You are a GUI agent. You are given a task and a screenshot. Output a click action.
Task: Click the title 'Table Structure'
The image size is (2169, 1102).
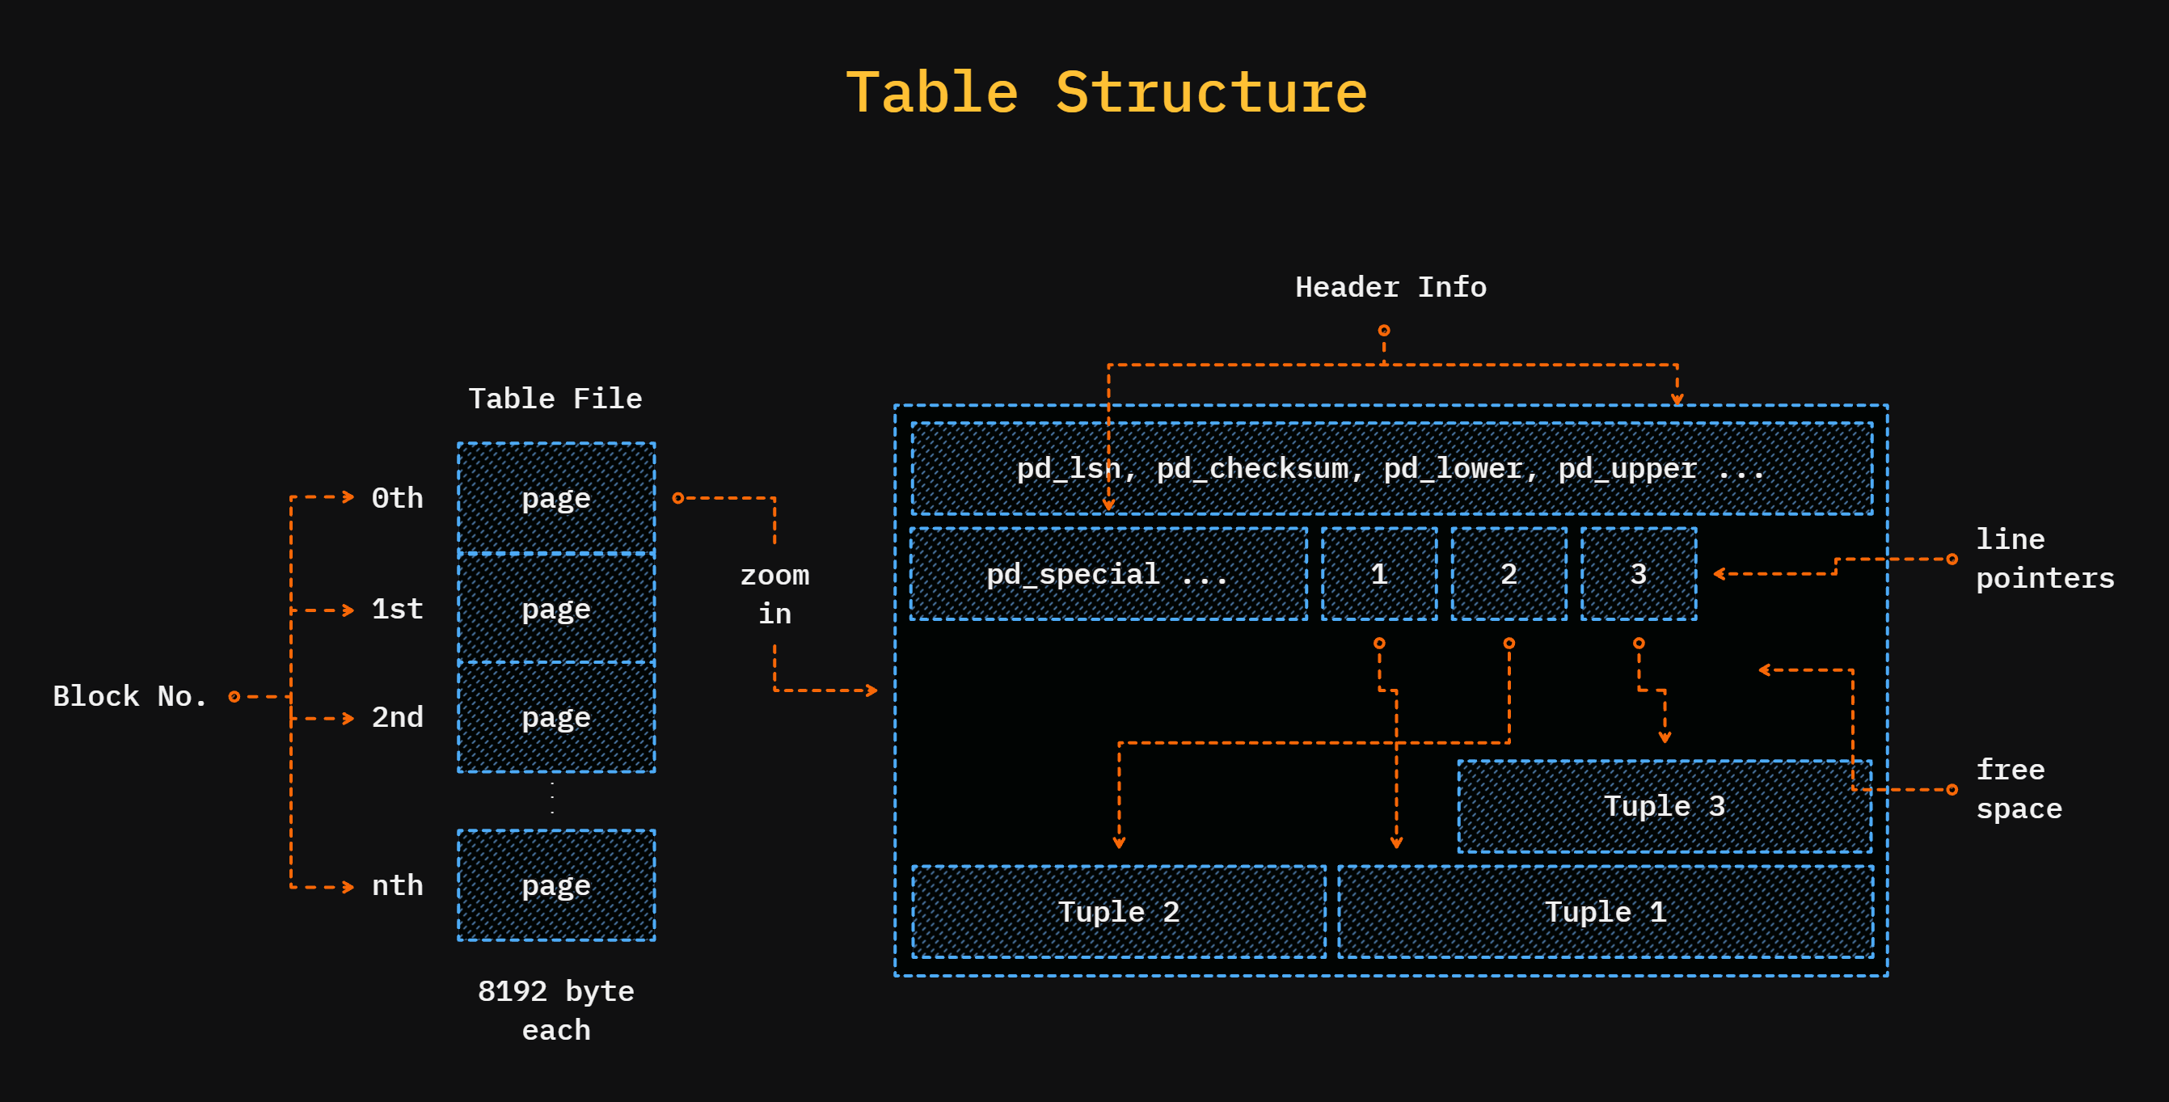(1106, 93)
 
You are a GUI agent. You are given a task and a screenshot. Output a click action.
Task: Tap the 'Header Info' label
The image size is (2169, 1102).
(1390, 287)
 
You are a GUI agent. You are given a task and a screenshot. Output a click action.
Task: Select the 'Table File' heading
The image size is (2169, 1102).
(555, 399)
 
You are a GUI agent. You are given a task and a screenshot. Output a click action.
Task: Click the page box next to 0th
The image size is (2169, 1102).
(555, 497)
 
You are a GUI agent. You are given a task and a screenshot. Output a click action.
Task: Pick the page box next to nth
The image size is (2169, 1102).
(555, 885)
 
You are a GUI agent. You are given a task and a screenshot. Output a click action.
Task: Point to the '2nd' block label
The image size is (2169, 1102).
(398, 717)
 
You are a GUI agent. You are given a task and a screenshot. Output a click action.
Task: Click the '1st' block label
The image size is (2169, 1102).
(398, 609)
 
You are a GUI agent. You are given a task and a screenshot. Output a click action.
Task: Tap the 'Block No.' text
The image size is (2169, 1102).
(129, 696)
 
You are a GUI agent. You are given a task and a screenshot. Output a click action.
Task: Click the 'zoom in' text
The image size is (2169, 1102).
(774, 594)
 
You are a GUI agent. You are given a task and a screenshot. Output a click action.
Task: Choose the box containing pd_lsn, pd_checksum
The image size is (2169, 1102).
(1391, 468)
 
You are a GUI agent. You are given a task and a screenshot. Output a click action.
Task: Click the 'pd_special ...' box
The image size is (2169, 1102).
(1108, 574)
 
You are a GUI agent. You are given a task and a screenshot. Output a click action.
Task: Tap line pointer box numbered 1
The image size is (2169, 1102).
(1379, 574)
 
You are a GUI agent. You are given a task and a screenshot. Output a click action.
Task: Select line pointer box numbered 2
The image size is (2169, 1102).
(1509, 574)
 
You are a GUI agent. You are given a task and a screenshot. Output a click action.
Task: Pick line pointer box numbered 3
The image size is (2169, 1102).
(1639, 574)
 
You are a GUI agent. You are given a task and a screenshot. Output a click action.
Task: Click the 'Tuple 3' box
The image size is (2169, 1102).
(1664, 805)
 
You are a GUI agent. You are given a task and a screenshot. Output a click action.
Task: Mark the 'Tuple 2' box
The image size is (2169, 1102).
(1118, 912)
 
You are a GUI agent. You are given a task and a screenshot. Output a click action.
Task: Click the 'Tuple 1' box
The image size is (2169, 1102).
(1605, 912)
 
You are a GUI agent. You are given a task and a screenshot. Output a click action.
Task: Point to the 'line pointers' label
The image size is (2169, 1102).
(2044, 558)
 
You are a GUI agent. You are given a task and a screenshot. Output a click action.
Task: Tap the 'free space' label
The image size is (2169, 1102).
(2019, 789)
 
